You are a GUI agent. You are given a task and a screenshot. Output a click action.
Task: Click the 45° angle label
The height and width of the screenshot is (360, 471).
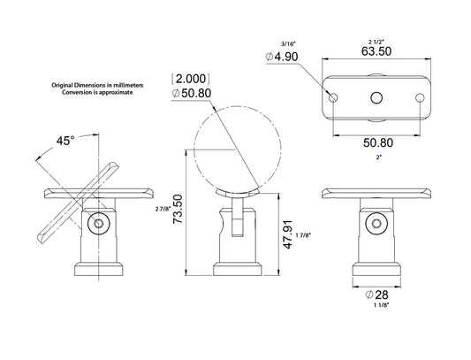(65, 141)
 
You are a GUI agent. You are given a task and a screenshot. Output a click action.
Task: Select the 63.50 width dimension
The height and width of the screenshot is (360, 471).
(376, 51)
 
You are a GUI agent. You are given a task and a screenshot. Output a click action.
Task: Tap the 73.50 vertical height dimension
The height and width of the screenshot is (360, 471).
(178, 209)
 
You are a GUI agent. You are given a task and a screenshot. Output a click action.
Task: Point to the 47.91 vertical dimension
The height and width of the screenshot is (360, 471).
(288, 234)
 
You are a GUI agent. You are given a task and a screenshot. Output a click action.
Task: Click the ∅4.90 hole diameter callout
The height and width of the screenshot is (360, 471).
(282, 57)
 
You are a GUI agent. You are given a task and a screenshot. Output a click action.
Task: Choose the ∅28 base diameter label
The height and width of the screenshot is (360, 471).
(377, 295)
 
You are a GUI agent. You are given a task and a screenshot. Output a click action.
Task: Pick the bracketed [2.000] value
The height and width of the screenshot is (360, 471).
(191, 79)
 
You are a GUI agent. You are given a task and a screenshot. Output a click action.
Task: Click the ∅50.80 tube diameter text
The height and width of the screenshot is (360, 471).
(192, 93)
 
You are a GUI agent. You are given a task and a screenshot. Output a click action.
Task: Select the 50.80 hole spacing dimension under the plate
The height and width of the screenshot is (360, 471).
(378, 142)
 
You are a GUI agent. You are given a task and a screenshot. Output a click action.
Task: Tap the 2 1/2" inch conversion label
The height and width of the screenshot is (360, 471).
(376, 42)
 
